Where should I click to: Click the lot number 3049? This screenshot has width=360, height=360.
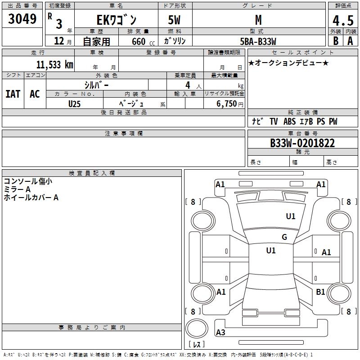[22, 19]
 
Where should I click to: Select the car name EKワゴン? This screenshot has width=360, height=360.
[116, 20]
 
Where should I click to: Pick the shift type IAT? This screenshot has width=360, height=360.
[13, 94]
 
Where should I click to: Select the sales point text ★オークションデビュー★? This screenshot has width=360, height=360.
[288, 63]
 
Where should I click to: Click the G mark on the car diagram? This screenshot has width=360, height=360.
[284, 237]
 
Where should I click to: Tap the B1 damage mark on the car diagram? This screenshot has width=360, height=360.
[320, 292]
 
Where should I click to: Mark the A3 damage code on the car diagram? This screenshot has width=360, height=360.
[220, 333]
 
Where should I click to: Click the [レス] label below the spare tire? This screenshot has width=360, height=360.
[198, 345]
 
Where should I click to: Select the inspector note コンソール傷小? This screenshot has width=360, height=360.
[28, 181]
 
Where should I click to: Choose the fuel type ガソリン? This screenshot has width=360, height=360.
[175, 41]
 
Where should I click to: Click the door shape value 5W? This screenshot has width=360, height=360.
[175, 20]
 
